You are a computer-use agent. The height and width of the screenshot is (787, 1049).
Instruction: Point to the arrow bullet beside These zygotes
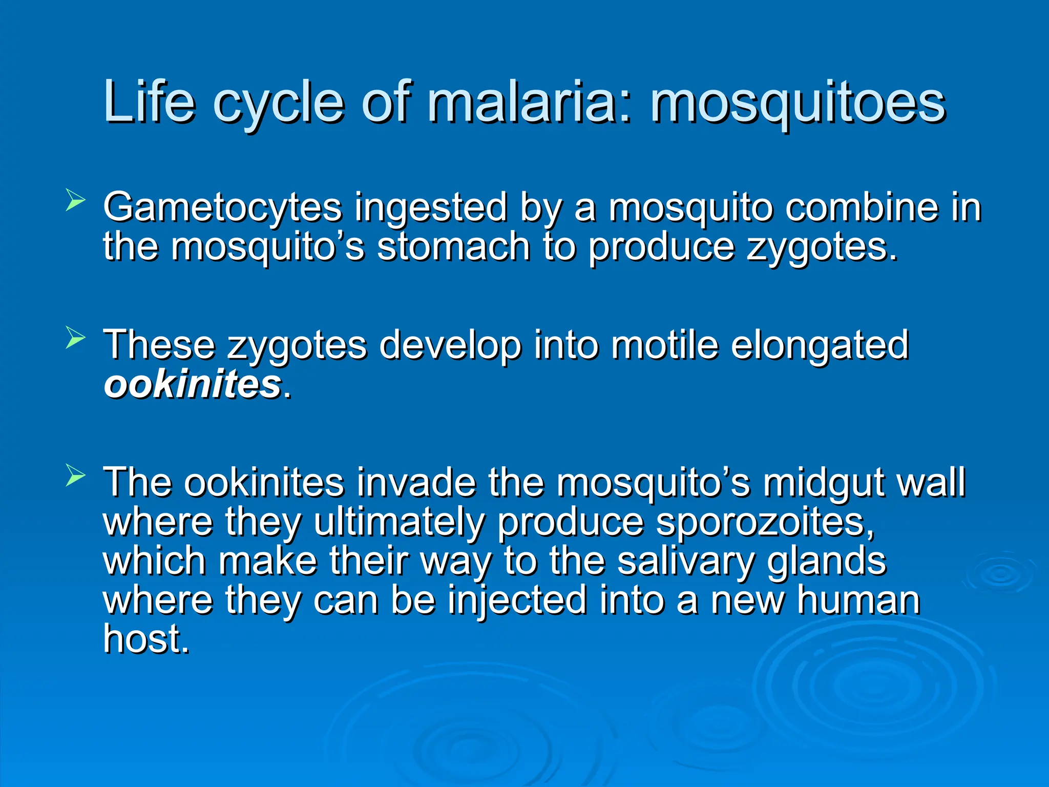(75, 338)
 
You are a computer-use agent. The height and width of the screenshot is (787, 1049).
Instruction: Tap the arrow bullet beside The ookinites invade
(75, 476)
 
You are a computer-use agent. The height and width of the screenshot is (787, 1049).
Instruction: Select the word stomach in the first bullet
(453, 247)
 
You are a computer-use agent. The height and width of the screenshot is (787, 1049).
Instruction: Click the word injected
(517, 602)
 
